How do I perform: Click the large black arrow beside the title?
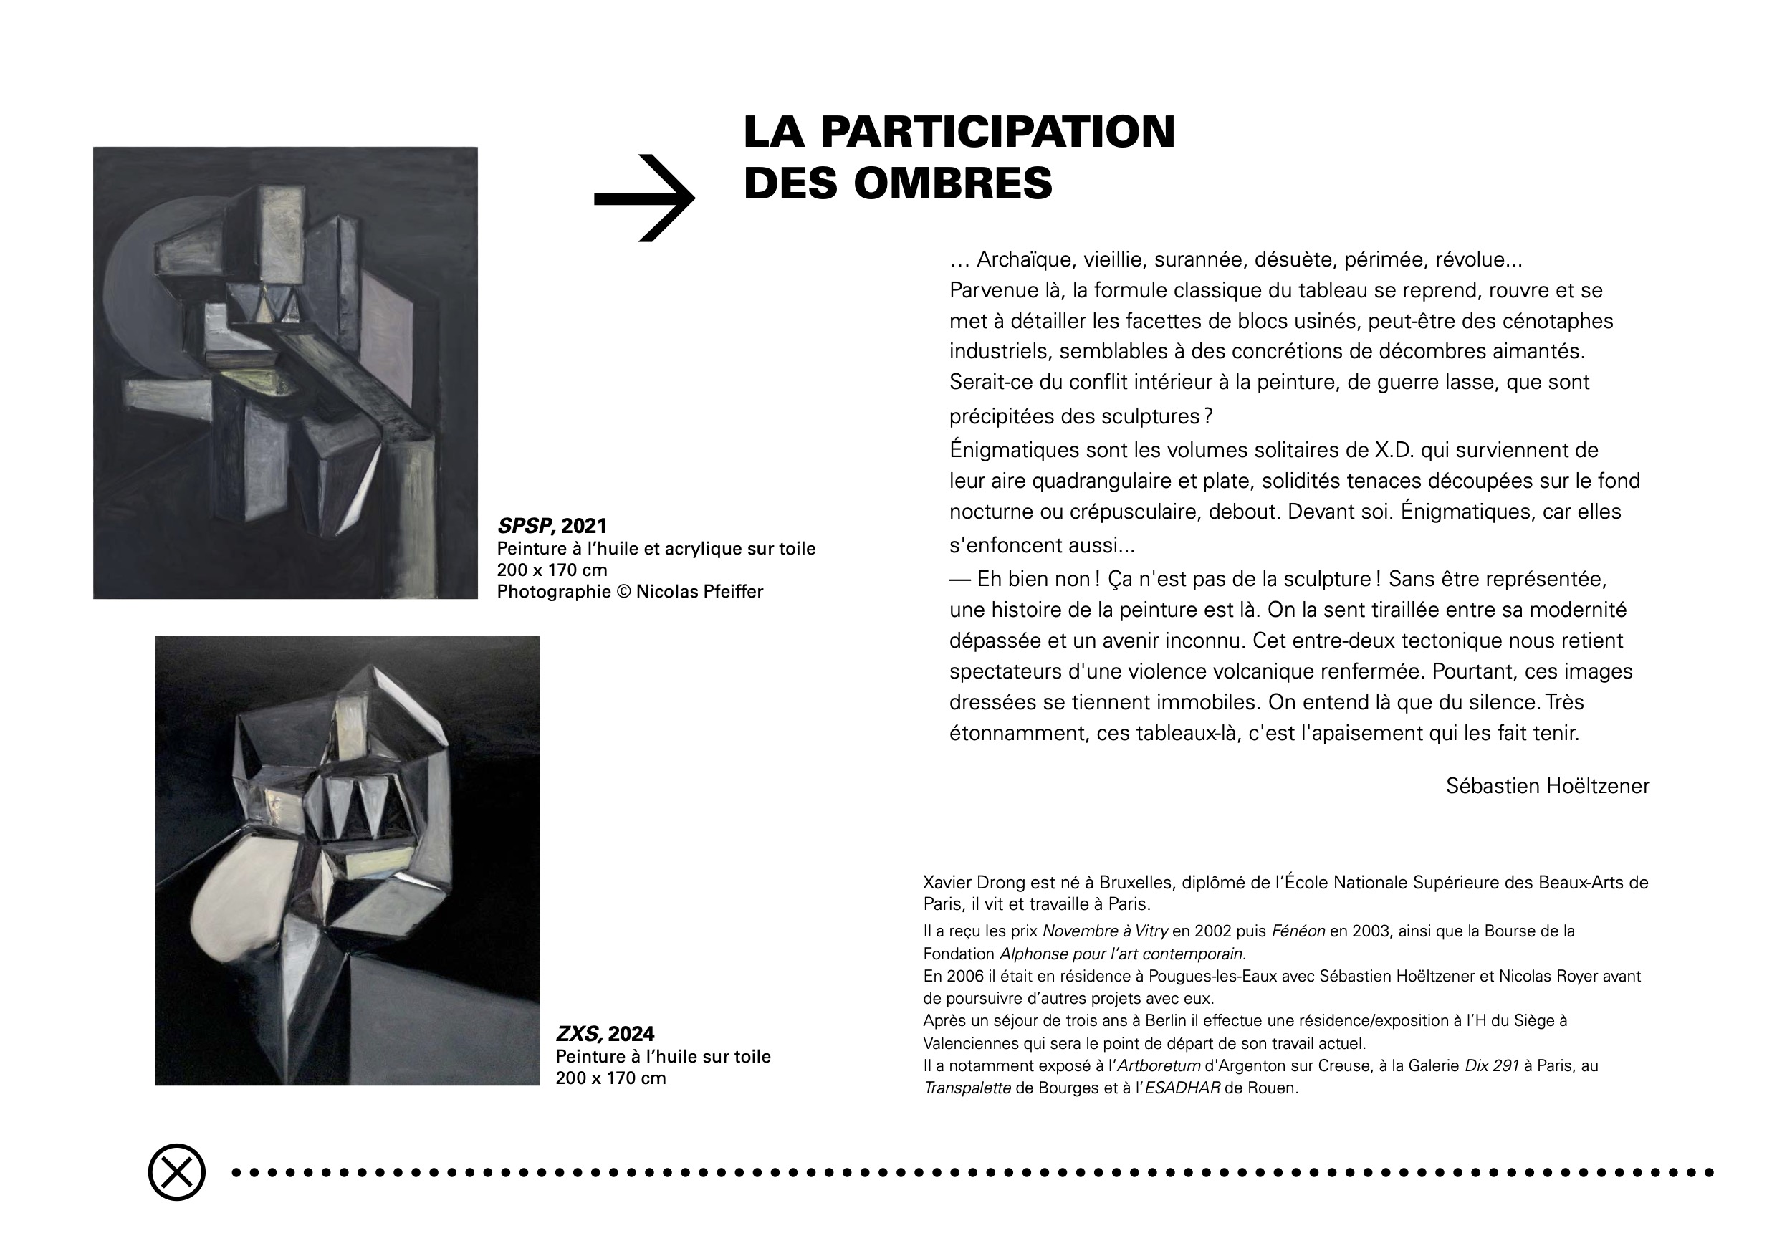click(x=645, y=198)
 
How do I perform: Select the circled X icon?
click(x=176, y=1172)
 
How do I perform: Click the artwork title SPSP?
click(x=524, y=526)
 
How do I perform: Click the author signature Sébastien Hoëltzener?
click(x=1547, y=786)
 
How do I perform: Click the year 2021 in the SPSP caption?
click(x=585, y=526)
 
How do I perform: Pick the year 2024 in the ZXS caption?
click(x=631, y=1034)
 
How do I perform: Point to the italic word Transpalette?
click(x=967, y=1088)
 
